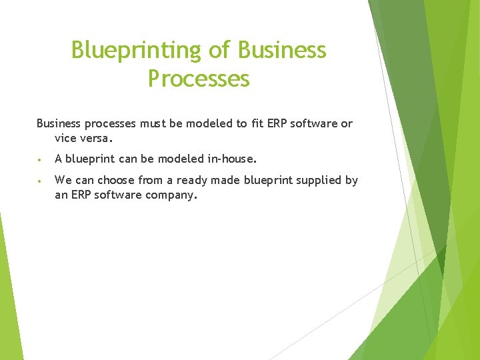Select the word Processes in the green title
click(199, 79)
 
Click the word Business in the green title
click(282, 51)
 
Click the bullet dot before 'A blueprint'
click(41, 160)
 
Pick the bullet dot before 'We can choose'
click(41, 181)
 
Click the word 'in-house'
click(232, 159)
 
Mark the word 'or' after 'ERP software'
click(347, 124)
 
